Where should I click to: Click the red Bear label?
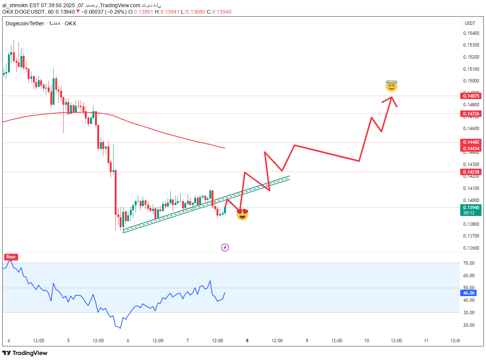tap(11, 257)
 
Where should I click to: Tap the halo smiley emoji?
tap(391, 86)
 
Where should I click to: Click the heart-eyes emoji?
tap(242, 214)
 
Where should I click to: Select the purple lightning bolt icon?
tap(225, 248)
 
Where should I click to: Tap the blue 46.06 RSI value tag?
tap(468, 293)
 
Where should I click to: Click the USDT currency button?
tap(470, 23)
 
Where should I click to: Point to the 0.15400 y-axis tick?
tap(470, 33)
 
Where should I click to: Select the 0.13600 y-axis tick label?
tap(470, 248)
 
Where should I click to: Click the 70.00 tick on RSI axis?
tap(469, 263)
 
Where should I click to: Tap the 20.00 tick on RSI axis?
tap(469, 325)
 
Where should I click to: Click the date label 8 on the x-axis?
tap(247, 341)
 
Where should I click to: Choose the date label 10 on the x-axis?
tap(366, 341)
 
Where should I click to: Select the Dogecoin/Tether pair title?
tap(25, 23)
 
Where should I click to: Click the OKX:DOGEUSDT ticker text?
tap(23, 12)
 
